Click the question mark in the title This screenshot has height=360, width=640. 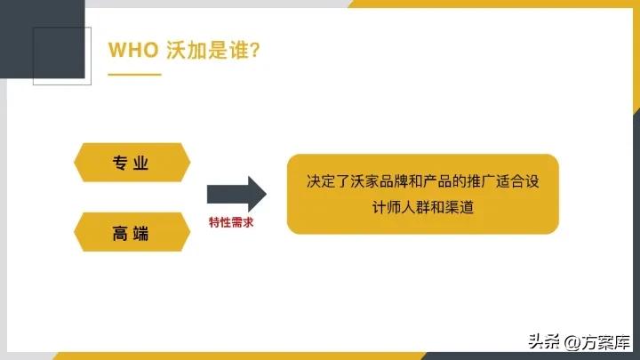point(254,50)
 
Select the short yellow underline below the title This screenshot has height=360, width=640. point(134,75)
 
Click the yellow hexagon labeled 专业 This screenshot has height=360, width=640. point(131,163)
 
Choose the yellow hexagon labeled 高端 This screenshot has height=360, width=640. point(131,234)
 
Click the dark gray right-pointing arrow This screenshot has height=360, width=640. point(236,195)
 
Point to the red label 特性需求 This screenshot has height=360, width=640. point(231,222)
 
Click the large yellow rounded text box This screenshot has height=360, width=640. point(422,195)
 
